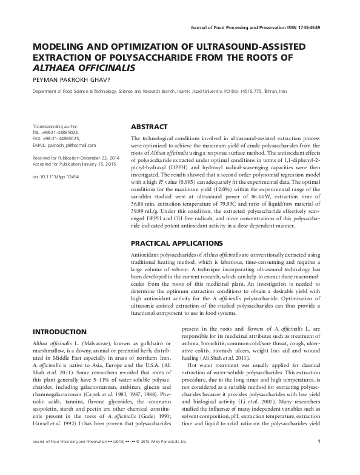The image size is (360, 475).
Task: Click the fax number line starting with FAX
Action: click(x=55, y=139)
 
